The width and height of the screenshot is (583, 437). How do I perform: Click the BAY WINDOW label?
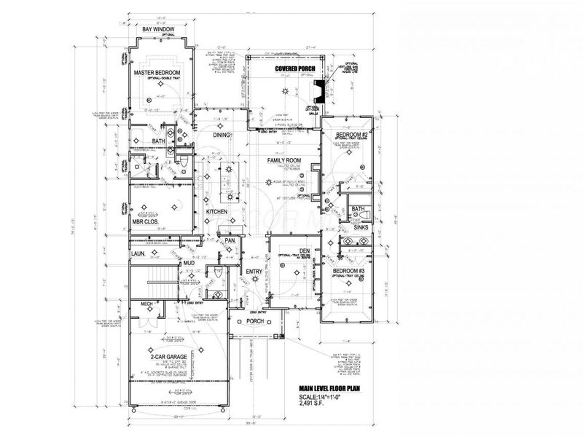coord(157,29)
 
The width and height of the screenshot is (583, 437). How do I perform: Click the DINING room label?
coord(222,135)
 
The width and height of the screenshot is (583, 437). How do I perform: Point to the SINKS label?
coord(361,227)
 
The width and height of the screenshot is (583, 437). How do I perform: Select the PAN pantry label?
coord(229,240)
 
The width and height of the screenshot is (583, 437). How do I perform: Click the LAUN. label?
coord(138,253)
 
